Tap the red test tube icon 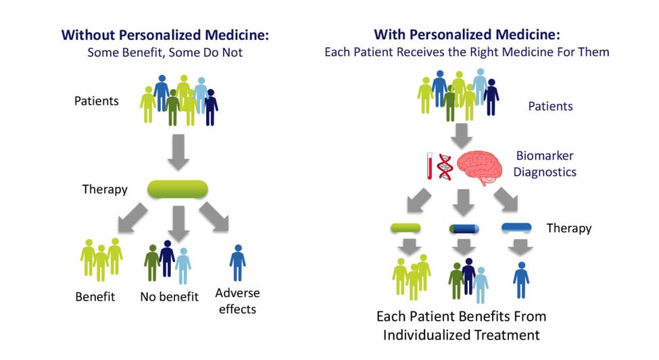pos(429,165)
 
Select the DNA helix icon pos(445,165)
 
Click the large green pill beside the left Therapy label pos(178,189)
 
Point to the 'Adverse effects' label pos(237,301)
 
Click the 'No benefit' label pos(169,297)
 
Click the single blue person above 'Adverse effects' pos(237,263)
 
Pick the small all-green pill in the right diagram pos(406,228)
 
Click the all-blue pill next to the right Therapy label pos(517,228)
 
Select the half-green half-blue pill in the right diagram pos(464,229)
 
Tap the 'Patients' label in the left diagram pos(97,101)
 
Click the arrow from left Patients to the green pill pos(178,152)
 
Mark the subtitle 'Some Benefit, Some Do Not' pos(164,53)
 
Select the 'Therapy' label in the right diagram pos(568,228)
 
